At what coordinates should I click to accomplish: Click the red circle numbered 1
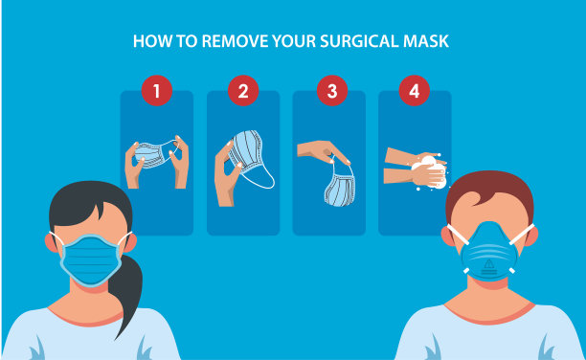click(x=157, y=91)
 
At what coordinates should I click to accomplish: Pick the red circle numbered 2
click(x=243, y=91)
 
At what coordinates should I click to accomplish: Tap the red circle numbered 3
click(x=332, y=91)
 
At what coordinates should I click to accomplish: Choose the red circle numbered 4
click(x=414, y=91)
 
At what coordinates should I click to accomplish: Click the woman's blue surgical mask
click(x=91, y=260)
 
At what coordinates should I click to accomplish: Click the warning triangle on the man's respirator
click(x=489, y=265)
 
